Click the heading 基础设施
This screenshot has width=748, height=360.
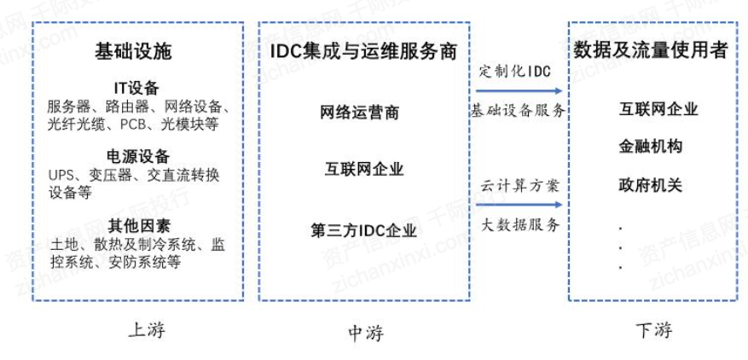pos(133,53)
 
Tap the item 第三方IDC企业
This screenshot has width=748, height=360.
pos(364,229)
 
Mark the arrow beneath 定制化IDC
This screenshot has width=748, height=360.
pos(518,90)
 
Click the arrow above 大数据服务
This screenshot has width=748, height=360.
pos(518,204)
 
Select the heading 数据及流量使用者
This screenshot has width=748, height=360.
pos(651,50)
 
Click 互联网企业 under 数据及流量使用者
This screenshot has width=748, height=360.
pos(658,110)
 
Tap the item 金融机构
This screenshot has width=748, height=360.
pos(651,147)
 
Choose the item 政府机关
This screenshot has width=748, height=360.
pos(651,184)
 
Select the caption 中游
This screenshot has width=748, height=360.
pos(366,334)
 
